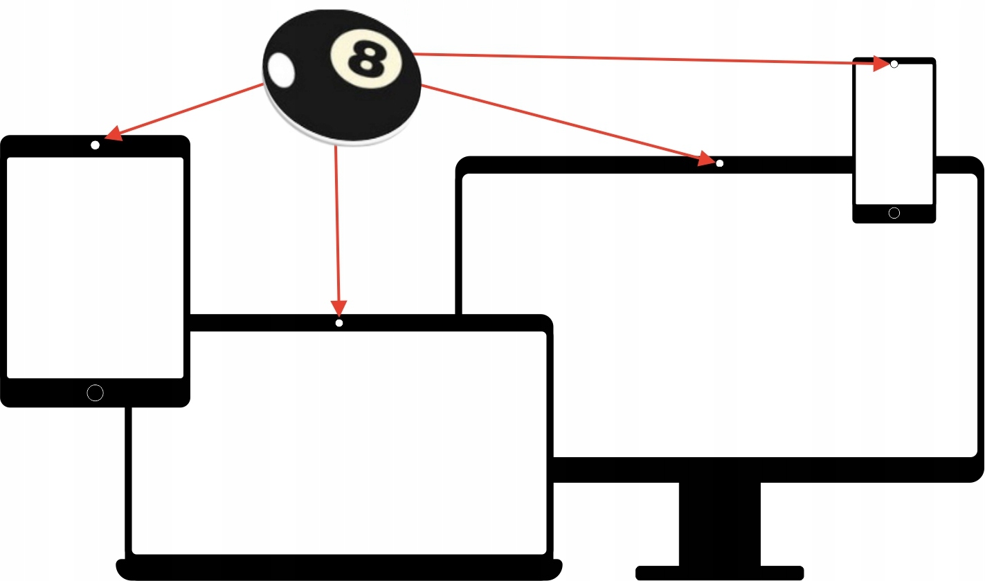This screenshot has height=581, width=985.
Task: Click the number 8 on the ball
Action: tap(367, 59)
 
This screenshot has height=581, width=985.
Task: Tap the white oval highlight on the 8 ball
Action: tap(281, 70)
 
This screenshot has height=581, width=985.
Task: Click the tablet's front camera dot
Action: tap(95, 145)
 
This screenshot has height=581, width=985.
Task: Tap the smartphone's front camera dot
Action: tap(894, 64)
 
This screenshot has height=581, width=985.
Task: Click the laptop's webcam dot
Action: tap(339, 323)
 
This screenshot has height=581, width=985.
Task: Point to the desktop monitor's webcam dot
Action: tap(720, 163)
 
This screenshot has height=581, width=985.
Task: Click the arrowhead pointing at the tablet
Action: tap(114, 133)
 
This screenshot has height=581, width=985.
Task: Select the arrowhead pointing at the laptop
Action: tap(338, 308)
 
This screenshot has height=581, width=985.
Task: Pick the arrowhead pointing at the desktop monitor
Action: tap(707, 158)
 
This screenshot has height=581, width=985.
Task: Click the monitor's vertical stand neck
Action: tap(720, 524)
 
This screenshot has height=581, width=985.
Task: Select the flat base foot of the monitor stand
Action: tap(720, 573)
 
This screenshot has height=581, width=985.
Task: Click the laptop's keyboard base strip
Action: tap(339, 569)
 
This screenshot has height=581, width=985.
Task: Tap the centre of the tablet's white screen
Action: tap(95, 268)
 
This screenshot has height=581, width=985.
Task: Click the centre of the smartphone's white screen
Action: tap(894, 134)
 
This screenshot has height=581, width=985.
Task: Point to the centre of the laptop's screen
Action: tap(339, 443)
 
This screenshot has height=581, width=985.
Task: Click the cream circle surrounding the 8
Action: tap(366, 59)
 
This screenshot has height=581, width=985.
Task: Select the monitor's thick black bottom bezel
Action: tap(768, 470)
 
